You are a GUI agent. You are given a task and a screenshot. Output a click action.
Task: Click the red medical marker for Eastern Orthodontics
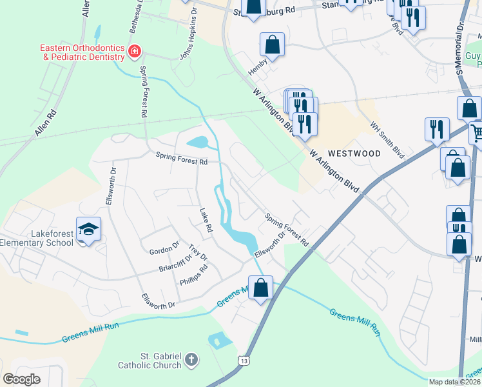[x=134, y=52]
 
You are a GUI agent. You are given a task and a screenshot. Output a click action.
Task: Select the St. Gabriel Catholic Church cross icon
[x=191, y=359]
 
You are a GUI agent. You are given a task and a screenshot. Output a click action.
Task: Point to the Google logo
[x=21, y=379]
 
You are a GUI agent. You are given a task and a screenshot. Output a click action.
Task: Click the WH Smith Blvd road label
[x=387, y=141]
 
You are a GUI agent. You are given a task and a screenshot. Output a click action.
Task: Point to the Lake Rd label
[x=206, y=221]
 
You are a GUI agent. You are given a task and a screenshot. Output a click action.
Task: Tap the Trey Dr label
[x=198, y=253]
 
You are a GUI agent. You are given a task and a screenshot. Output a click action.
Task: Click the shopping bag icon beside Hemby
[x=272, y=45]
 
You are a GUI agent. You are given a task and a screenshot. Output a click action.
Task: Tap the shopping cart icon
[x=476, y=134]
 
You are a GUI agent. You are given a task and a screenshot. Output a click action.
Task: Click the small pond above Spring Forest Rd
[x=197, y=142]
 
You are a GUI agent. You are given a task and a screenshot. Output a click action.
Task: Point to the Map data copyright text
[x=455, y=382]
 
